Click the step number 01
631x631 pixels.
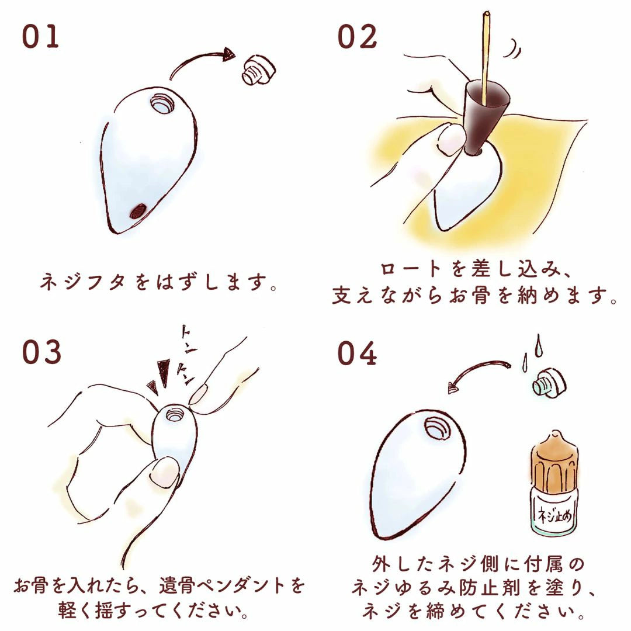40,37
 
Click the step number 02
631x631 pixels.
357,37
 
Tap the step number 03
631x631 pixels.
41,352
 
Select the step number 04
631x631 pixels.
356,353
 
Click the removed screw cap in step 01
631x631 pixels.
259,71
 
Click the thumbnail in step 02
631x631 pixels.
450,139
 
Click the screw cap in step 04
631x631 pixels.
549,382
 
